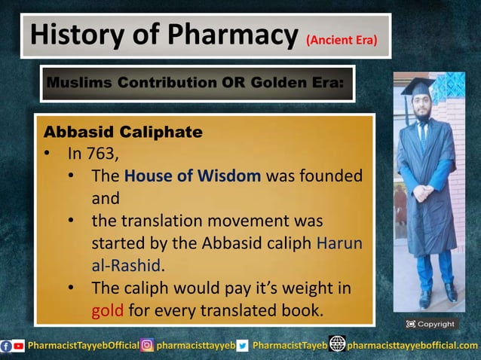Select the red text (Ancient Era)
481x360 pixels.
pos(342,39)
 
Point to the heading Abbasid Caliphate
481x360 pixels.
pos(122,133)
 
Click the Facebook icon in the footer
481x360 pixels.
pos(7,346)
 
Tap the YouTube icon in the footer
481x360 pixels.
pos(19,346)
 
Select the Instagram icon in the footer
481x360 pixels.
pos(147,346)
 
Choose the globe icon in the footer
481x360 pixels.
pos(337,345)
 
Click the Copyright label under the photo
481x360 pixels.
pos(430,324)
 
